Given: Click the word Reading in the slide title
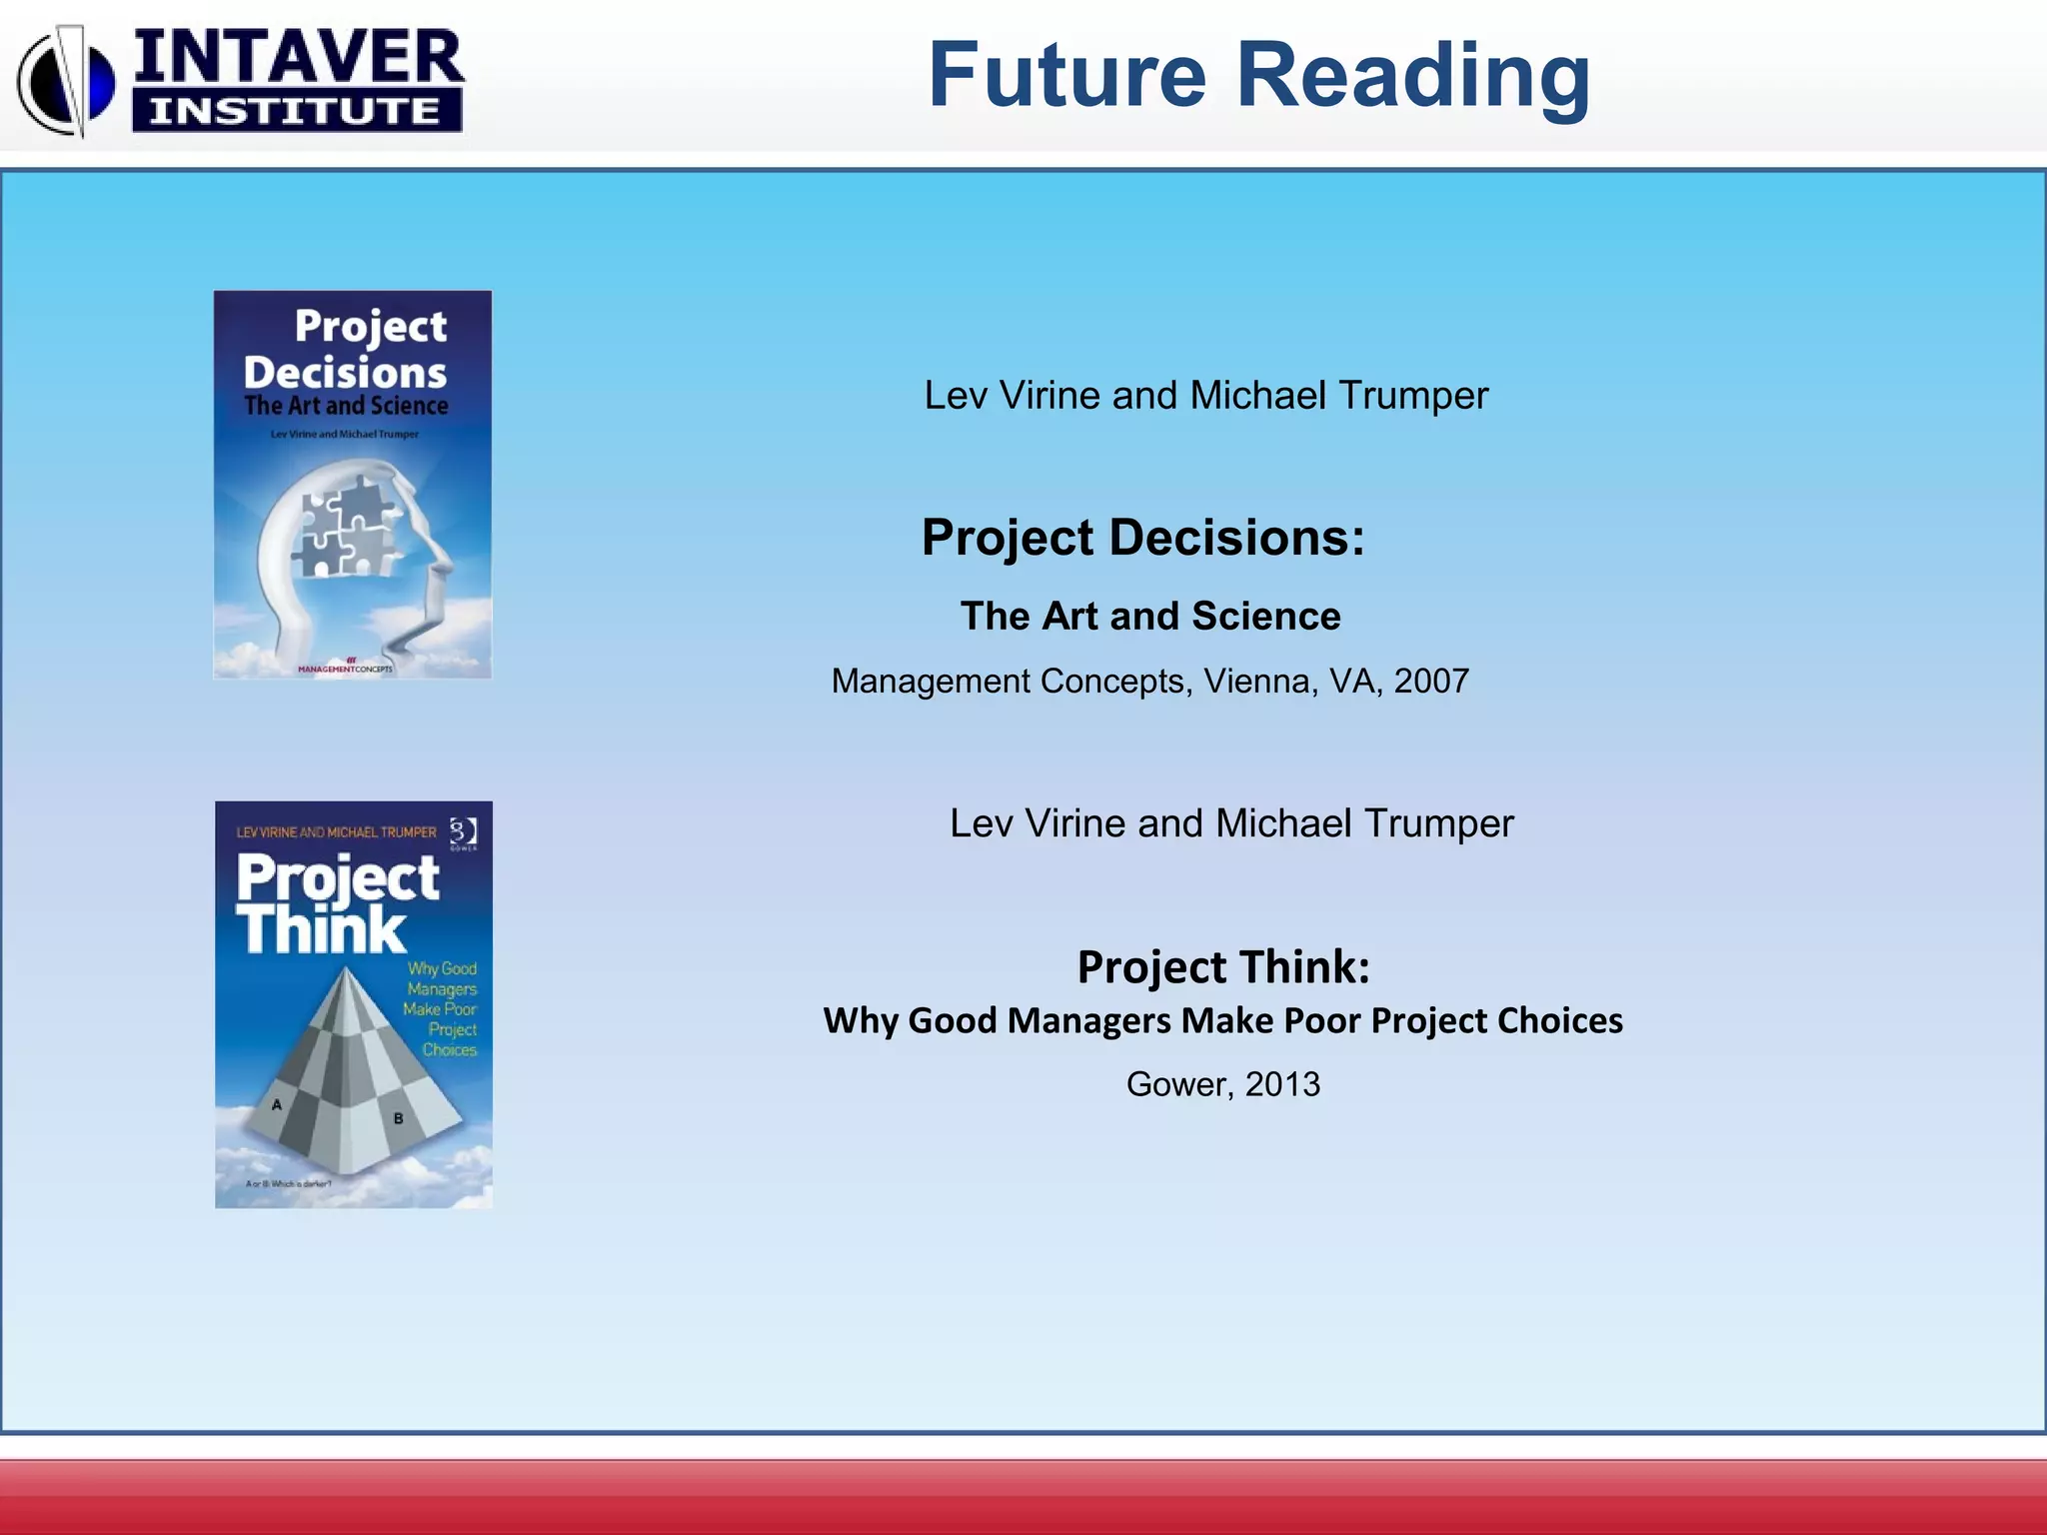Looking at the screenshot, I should (x=1413, y=78).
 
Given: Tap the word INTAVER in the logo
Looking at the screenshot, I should (x=298, y=57).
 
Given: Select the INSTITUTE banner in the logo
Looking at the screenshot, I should (x=296, y=110).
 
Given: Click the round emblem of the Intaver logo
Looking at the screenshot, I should (x=66, y=82).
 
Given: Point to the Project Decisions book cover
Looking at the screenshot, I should (x=353, y=485).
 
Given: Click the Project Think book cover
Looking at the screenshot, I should (x=354, y=1004).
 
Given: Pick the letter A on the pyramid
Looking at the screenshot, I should (x=277, y=1104).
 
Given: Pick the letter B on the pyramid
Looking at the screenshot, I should (x=398, y=1118).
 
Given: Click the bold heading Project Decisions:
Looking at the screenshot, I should (x=1142, y=538).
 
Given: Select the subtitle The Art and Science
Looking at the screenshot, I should (x=1150, y=616).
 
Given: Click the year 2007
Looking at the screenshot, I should (x=1431, y=682).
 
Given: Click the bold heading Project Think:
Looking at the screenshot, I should (x=1223, y=966).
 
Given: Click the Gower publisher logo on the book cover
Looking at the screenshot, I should (x=463, y=832).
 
